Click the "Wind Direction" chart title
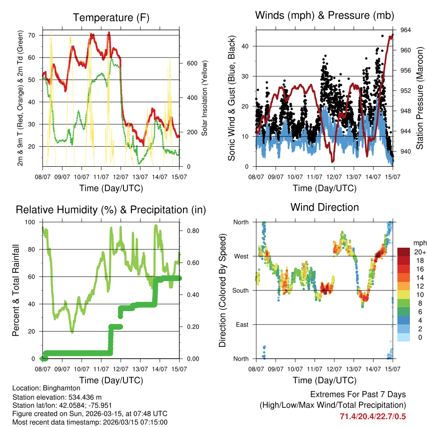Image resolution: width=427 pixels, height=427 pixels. pos(324,207)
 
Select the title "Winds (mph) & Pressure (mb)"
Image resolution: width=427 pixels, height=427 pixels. pos(324,16)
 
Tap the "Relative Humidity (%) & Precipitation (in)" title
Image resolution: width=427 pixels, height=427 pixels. pos(111,209)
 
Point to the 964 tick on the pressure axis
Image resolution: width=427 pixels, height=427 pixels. pos(406,30)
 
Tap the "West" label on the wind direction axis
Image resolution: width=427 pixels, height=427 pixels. pos(241,256)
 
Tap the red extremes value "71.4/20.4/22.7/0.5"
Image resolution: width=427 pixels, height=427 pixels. pos(373,417)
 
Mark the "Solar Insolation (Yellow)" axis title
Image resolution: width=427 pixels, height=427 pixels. pos(205,98)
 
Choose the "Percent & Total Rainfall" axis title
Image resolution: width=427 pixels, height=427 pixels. pos(15,290)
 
